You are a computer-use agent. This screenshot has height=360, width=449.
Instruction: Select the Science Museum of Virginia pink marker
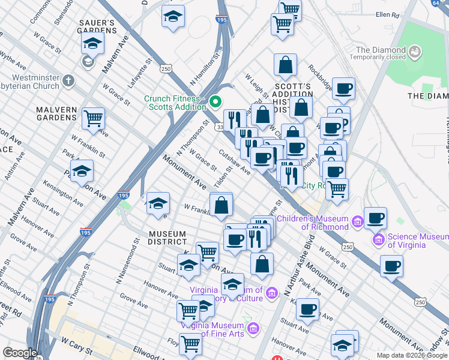click(379, 241)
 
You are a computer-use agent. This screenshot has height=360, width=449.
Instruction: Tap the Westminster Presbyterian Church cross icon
click(69, 80)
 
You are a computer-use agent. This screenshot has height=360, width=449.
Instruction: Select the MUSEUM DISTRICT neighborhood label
click(168, 238)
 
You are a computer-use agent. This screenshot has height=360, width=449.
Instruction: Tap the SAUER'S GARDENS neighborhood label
click(97, 26)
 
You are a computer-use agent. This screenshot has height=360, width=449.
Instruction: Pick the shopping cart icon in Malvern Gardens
click(93, 118)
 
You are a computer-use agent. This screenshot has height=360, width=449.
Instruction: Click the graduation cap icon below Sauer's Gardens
click(92, 43)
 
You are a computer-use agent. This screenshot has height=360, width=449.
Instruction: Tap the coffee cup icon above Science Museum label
click(375, 217)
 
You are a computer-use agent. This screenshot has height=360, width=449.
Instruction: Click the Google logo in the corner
click(20, 353)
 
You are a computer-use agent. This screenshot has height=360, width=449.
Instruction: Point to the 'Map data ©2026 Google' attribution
click(412, 355)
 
